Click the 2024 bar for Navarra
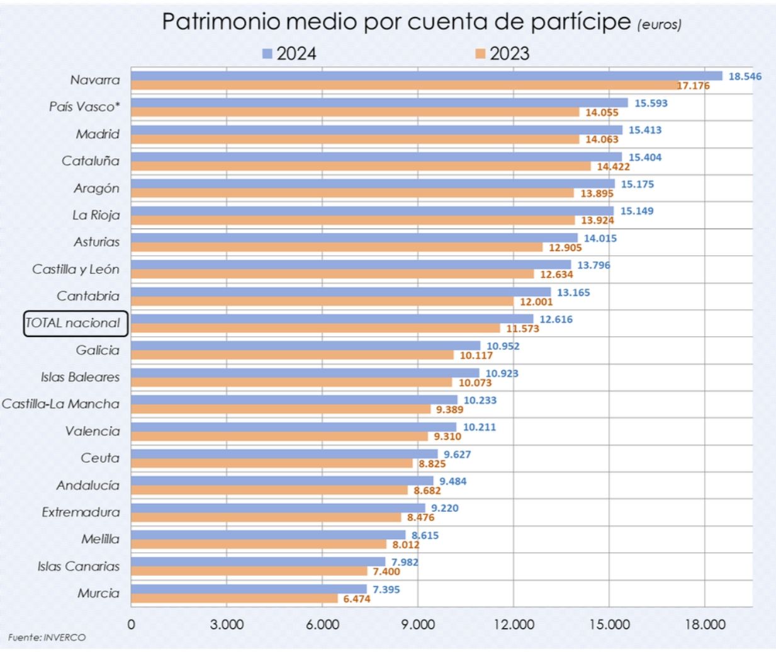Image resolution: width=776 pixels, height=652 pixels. click(x=427, y=76)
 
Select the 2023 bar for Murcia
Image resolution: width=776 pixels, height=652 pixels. click(x=234, y=598)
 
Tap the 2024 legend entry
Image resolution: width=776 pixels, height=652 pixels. click(x=290, y=54)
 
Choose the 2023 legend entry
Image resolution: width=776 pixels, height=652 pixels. click(x=502, y=54)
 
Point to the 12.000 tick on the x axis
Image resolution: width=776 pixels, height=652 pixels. click(x=514, y=624)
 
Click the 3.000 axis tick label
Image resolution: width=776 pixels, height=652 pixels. click(x=227, y=624)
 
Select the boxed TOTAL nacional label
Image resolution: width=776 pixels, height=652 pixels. click(x=76, y=323)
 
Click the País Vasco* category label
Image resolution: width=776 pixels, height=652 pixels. click(x=84, y=106)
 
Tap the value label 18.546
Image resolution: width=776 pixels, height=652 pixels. click(x=745, y=76)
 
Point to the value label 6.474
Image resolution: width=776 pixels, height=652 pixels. click(x=356, y=598)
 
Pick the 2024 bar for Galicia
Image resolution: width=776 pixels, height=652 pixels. click(x=305, y=346)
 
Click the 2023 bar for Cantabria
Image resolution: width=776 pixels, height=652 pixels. click(x=322, y=302)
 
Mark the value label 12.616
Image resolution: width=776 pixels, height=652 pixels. click(x=556, y=319)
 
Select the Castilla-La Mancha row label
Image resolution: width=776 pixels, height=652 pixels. click(x=60, y=404)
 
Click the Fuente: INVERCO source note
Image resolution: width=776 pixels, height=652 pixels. click(x=47, y=638)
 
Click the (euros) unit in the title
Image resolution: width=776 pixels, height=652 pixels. click(x=659, y=25)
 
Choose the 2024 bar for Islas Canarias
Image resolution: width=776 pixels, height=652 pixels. click(x=258, y=562)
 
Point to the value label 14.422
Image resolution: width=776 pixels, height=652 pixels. click(x=613, y=166)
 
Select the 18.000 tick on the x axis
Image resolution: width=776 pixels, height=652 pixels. click(x=705, y=624)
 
